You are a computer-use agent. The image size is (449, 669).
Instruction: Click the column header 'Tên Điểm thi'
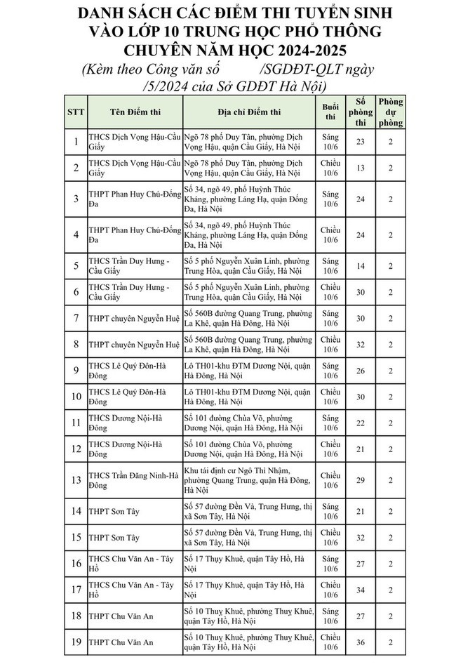[x=133, y=112]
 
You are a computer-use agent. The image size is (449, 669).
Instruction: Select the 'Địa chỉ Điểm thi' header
[x=248, y=112]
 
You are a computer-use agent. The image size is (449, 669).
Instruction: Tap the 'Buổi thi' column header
[x=330, y=112]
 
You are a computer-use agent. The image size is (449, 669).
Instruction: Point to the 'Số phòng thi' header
[x=361, y=112]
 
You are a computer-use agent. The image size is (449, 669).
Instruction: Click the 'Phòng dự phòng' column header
[x=391, y=112]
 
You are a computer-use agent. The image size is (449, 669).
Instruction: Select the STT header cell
[x=75, y=112]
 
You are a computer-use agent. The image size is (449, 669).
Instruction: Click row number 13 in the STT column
[x=75, y=479]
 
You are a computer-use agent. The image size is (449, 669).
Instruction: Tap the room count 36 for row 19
[x=361, y=642]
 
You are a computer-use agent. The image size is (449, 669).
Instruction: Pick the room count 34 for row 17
[x=361, y=590]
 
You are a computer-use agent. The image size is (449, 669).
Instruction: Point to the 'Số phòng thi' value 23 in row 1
[x=361, y=142]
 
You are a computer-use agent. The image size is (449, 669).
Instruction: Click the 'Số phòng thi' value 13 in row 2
[x=361, y=168]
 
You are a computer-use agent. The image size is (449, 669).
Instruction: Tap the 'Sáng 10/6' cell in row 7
[x=330, y=318]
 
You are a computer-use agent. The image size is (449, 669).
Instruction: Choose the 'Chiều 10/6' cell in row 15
[x=330, y=537]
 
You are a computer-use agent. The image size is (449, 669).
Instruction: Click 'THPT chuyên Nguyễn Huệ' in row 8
[x=134, y=345]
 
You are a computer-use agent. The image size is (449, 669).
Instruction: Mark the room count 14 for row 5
[x=361, y=266]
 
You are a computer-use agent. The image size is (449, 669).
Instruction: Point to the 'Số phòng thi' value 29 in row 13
[x=361, y=479]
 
